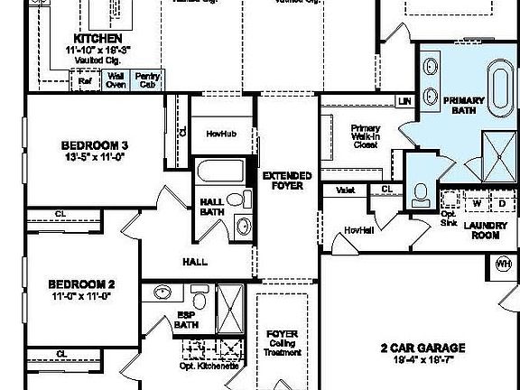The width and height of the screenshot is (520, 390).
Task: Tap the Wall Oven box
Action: coord(116,81)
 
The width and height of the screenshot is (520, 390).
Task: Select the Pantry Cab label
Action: coord(147,81)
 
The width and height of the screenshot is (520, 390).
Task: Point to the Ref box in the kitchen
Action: coord(86,81)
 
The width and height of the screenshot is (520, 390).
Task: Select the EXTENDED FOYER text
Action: coord(287,181)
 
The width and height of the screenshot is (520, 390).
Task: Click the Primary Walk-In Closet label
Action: coord(365,136)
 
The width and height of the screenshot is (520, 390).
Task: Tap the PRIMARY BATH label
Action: coord(469,104)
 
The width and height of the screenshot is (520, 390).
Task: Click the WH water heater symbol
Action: coord(503,264)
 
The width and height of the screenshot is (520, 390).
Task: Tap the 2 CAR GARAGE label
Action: coord(422,347)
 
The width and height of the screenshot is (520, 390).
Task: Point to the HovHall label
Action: coord(358,230)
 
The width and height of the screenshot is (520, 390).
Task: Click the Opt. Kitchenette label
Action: coord(209,366)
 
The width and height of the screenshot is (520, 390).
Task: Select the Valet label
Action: coord(345,190)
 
